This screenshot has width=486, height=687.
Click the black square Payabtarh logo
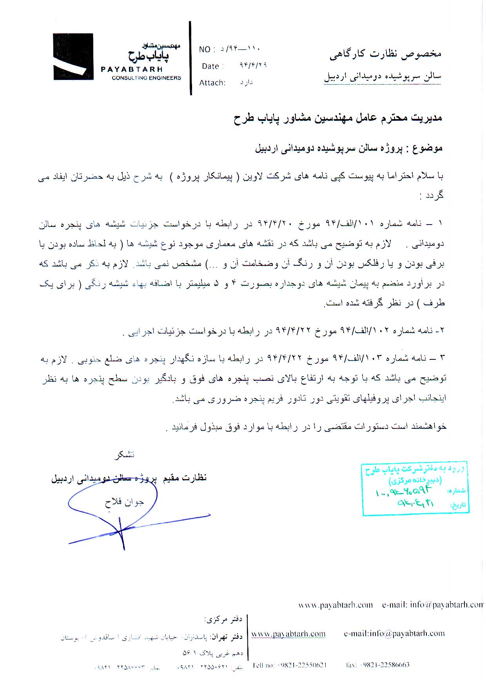pos(73,57)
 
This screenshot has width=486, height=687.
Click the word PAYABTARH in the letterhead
pos(131,69)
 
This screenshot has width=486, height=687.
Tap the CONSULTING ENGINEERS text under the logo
pos(146,78)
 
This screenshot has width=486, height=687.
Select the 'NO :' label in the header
pos(207,49)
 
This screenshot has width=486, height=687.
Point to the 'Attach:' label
pos(212,83)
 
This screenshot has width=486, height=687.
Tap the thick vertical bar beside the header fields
pos(190,58)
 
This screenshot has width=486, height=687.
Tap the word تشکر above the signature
pos(124,455)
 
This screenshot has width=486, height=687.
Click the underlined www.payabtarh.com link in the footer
pos(288,634)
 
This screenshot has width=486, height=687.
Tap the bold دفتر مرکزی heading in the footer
pos(223,619)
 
